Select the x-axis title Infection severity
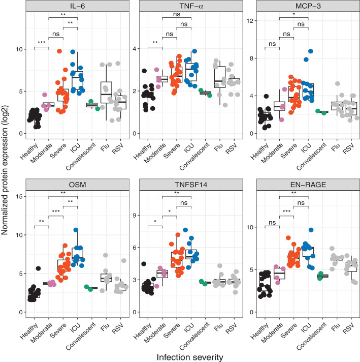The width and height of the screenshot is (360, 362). tap(187, 355)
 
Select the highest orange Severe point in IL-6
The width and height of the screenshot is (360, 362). tap(60, 52)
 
